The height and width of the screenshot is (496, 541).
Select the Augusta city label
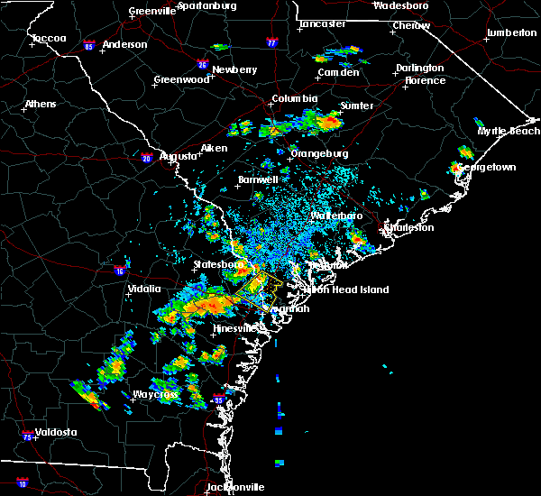tap(178, 156)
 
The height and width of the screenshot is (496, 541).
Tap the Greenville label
tap(152, 11)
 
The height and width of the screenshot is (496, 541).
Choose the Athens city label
tap(40, 104)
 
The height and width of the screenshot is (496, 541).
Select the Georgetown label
tap(486, 168)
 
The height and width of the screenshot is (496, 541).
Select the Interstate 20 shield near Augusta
tap(148, 159)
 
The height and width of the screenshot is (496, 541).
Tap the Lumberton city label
tap(510, 33)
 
